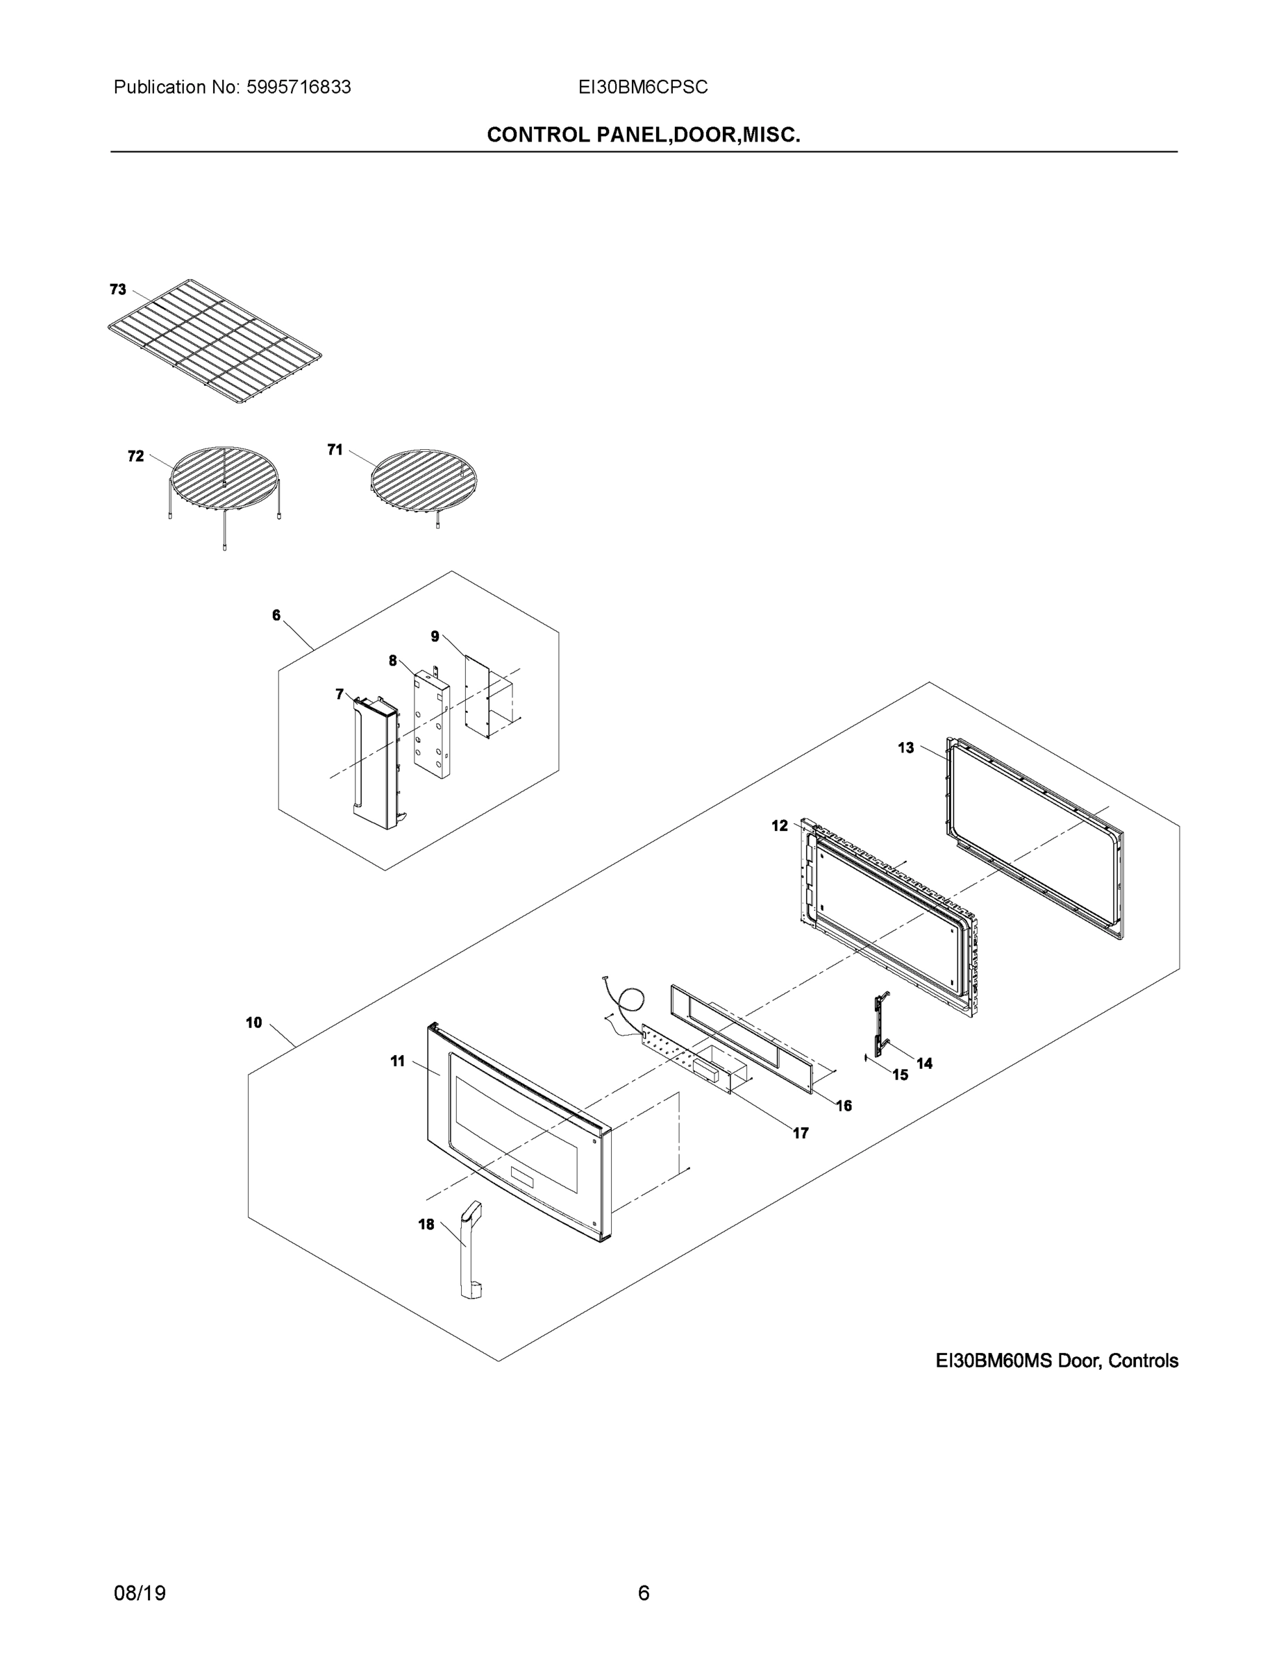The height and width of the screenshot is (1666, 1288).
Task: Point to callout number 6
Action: coord(276,615)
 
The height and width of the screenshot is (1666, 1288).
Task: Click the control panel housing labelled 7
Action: coord(374,763)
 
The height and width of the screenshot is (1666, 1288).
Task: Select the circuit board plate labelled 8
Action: coord(430,717)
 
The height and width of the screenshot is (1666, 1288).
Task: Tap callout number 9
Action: coord(434,636)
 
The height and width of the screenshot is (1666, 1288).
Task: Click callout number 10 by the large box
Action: coord(254,1023)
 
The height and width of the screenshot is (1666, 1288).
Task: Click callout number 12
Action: coord(779,825)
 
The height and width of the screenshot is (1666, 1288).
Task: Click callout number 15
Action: coord(901,1075)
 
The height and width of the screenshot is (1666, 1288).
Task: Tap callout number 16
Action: coord(844,1105)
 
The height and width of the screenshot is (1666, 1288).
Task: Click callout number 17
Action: coord(801,1133)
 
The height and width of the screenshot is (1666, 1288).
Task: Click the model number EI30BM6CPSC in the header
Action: coord(642,87)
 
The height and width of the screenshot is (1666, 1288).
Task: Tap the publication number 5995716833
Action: coord(299,87)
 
